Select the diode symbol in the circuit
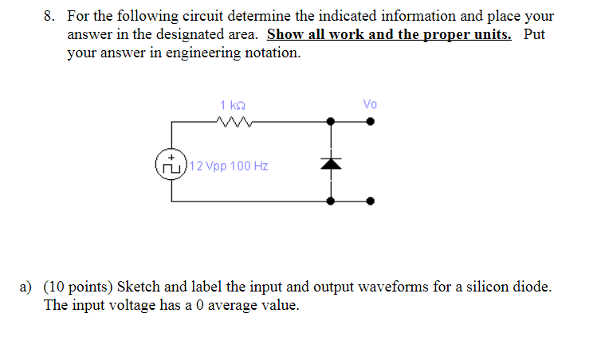[x=332, y=162]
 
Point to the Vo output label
[x=369, y=104]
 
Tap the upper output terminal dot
[x=369, y=122]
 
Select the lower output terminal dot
[x=369, y=202]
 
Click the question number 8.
[x=49, y=16]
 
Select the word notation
[x=273, y=53]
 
